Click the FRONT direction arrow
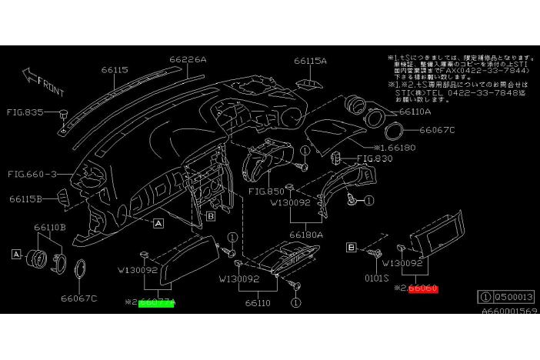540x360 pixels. [x=42, y=78]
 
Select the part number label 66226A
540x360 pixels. [x=188, y=58]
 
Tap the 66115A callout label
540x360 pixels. [x=310, y=61]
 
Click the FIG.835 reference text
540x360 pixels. [x=25, y=112]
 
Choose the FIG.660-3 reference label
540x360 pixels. [x=32, y=174]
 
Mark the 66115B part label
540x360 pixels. [x=27, y=198]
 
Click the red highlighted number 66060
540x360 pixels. [x=423, y=288]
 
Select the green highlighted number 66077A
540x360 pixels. [x=157, y=302]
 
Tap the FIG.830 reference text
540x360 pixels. [x=375, y=159]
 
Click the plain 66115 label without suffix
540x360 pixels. [x=115, y=69]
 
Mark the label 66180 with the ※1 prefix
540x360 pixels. [x=400, y=147]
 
